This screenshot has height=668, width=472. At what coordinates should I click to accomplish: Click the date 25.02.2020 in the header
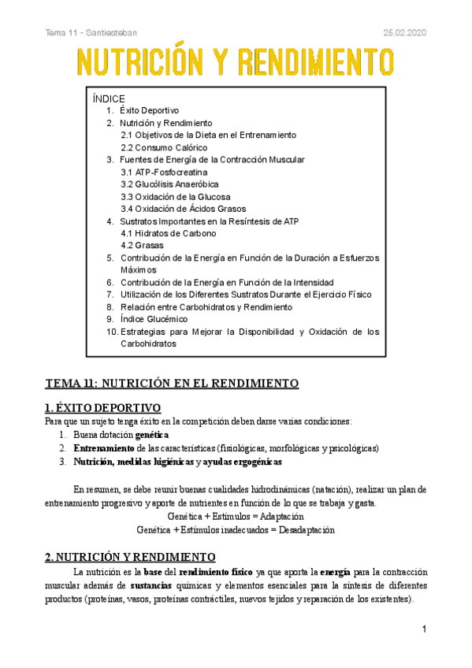pos(403,32)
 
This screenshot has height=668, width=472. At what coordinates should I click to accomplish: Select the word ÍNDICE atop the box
pos(109,98)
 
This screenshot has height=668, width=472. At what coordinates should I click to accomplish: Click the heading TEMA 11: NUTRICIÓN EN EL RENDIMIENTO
pos(172,384)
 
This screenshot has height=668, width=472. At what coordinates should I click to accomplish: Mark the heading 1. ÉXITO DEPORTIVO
pos(102,407)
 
